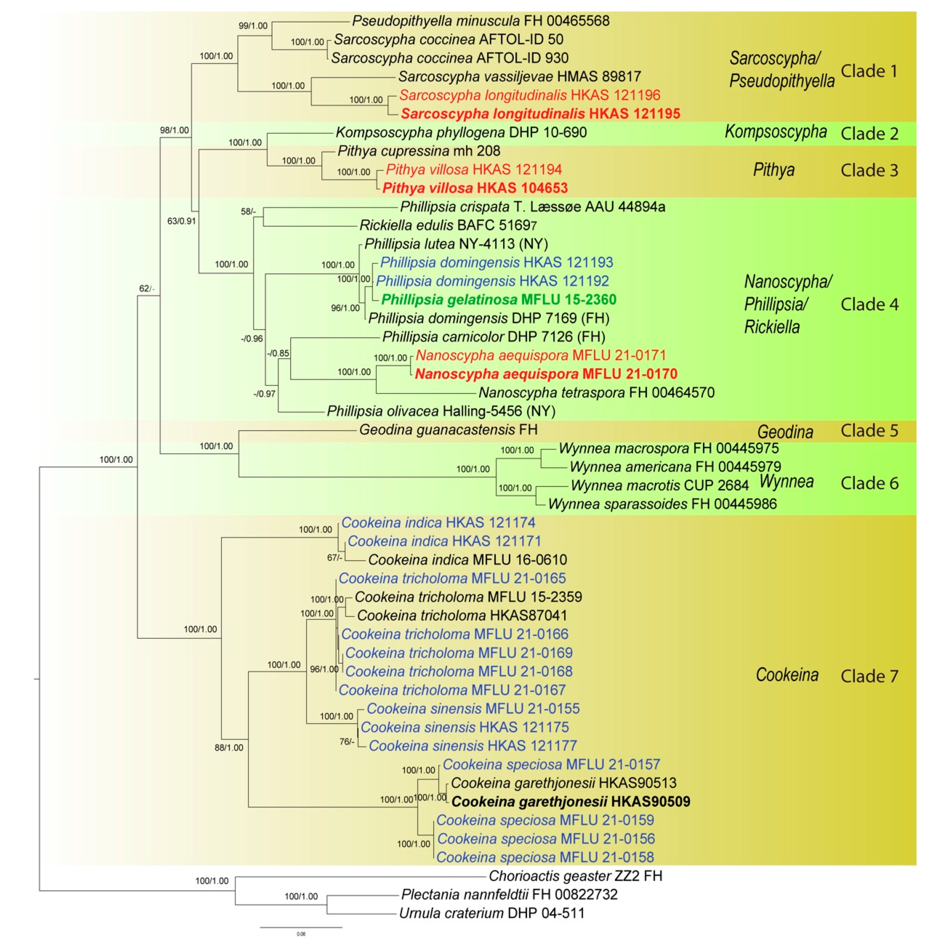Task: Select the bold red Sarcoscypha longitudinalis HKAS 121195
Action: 540,114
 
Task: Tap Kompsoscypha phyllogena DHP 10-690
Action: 461,132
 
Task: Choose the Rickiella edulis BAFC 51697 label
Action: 448,225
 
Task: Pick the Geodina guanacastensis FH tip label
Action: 448,430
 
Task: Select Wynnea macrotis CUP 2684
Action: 660,486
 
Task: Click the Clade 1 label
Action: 869,72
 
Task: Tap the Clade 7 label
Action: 869,676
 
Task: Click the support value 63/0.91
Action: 181,221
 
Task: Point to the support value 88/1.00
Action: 229,748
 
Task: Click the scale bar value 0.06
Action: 301,934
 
